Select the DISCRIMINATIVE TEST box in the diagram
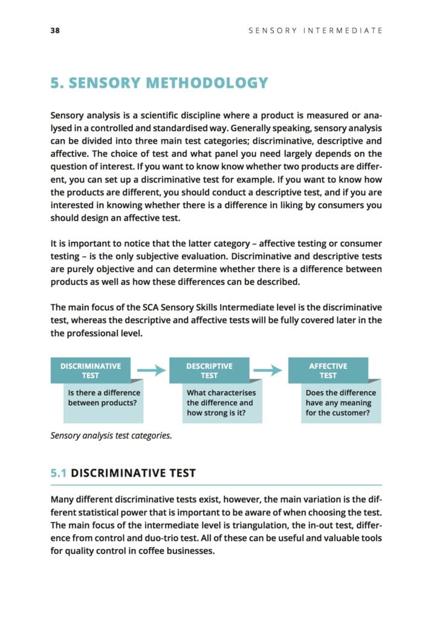[90, 370]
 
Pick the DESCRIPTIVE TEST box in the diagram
[209, 370]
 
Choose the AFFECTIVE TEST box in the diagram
[328, 370]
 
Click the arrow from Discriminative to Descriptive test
[151, 370]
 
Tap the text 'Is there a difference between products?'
[104, 397]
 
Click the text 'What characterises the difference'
[221, 397]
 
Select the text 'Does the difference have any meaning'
[340, 397]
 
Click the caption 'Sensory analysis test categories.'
[111, 435]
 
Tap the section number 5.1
[59, 473]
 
